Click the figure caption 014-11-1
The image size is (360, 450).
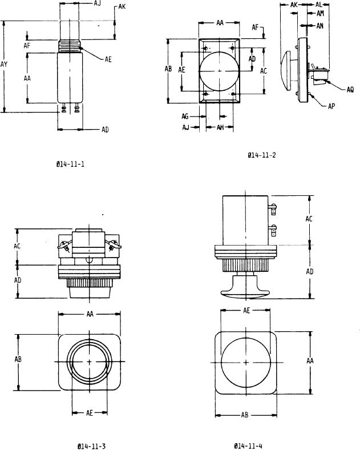[70, 164]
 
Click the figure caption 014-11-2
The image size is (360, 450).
[262, 155]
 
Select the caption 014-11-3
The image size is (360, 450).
[91, 446]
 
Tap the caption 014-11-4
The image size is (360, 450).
[248, 445]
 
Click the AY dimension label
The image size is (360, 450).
[4, 65]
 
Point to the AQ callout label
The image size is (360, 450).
[350, 90]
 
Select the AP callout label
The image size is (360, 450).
[331, 106]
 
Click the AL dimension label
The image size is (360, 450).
[318, 5]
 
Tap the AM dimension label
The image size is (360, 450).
[320, 13]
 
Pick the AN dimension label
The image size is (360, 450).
[320, 26]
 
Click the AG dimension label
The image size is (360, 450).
[185, 116]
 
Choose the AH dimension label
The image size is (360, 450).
[220, 127]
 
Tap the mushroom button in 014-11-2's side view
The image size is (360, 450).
[286, 71]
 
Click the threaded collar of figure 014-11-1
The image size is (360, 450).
[70, 46]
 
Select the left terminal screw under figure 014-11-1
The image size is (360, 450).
[63, 108]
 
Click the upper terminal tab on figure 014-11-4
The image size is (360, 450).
[273, 209]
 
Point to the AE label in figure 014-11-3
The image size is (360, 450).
[90, 413]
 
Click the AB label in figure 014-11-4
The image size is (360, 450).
[245, 415]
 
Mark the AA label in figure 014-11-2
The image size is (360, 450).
[220, 23]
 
